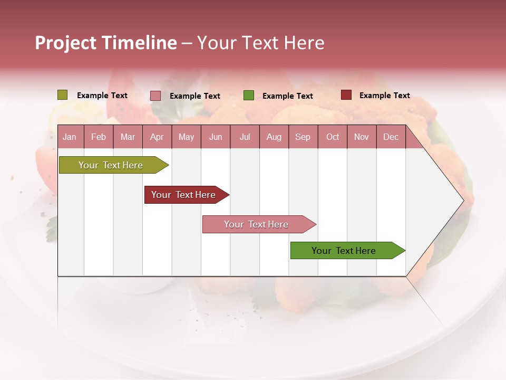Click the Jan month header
coord(70,137)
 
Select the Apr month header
coord(157,137)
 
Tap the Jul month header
coord(245,137)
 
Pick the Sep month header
coord(303,137)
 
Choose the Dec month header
coord(391,137)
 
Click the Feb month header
coord(99,137)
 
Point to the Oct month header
coord(333,137)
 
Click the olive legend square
coord(62,95)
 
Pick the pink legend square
coord(155,96)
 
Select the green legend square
coord(249,96)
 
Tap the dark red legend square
coord(346,95)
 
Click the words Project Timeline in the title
coord(106,43)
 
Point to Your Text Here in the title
coord(260,43)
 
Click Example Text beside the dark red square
coord(384,96)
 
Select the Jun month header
coord(216,137)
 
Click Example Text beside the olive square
coord(102,96)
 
